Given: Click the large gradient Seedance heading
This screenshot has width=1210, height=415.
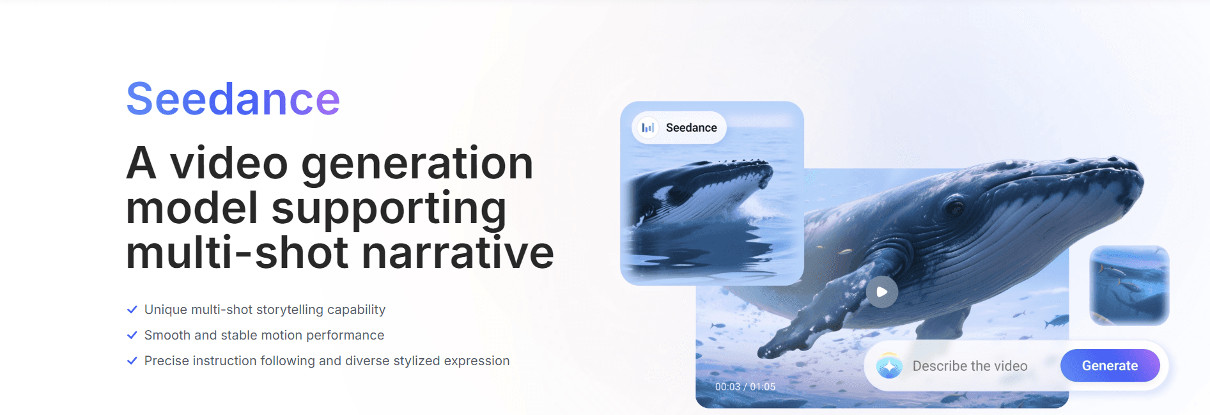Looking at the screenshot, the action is pyautogui.click(x=233, y=99).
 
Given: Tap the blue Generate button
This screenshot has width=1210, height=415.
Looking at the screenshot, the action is pyautogui.click(x=1110, y=366).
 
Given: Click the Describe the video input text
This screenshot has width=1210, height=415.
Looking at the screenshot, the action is pyautogui.click(x=970, y=366).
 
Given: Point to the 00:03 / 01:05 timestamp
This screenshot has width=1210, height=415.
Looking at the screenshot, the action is pyautogui.click(x=745, y=387).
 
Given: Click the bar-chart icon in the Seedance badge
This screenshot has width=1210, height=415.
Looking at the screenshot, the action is pyautogui.click(x=648, y=127).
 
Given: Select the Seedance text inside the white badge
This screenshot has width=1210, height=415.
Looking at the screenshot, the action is pyautogui.click(x=691, y=128).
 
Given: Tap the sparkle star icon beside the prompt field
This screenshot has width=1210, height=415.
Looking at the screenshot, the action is pyautogui.click(x=889, y=366).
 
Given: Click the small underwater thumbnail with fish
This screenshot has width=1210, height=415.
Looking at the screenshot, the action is pyautogui.click(x=1129, y=285).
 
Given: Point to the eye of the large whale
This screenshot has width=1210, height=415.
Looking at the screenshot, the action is pyautogui.click(x=955, y=208).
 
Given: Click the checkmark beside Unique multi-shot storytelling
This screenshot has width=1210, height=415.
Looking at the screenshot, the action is pyautogui.click(x=132, y=309).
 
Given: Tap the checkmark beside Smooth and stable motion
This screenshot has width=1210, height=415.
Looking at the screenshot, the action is pyautogui.click(x=132, y=335).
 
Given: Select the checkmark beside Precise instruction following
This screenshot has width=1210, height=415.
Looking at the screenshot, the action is pyautogui.click(x=132, y=361).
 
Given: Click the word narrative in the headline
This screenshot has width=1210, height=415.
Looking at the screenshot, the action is pyautogui.click(x=458, y=253).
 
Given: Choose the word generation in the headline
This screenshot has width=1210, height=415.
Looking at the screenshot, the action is pyautogui.click(x=417, y=164).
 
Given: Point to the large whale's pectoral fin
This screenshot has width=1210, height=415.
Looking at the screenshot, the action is pyautogui.click(x=825, y=307).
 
